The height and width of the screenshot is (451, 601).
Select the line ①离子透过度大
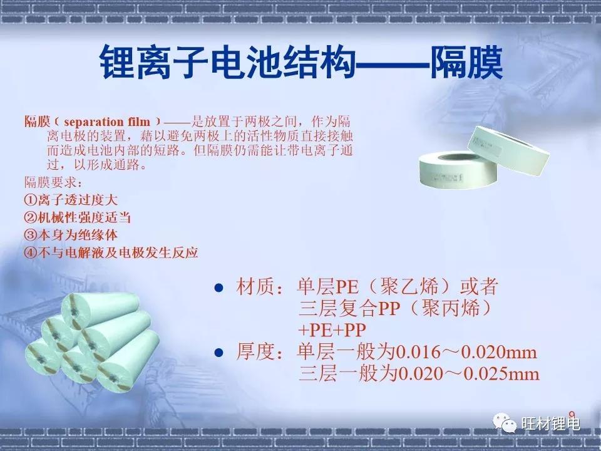[x=71, y=201]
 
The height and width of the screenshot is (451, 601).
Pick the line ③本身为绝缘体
[x=71, y=236]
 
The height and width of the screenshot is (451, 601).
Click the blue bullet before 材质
[x=219, y=288]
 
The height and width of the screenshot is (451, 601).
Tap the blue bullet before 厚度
[x=219, y=353]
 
